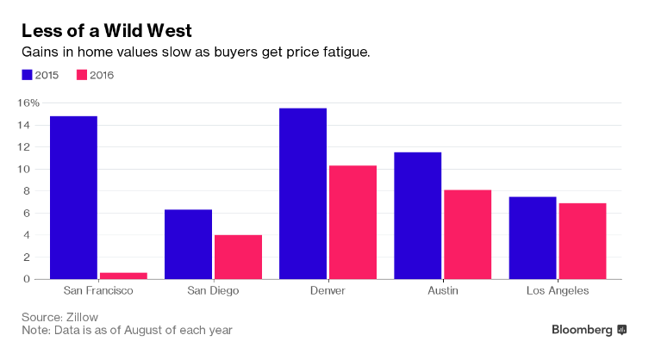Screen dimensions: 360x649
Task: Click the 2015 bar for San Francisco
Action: click(73, 197)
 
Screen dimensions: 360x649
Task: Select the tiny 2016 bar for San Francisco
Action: click(123, 276)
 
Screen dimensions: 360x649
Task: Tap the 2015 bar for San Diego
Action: click(188, 244)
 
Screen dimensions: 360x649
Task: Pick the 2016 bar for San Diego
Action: click(238, 257)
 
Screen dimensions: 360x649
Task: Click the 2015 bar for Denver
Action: click(303, 193)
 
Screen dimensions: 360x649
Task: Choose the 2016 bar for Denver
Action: click(353, 222)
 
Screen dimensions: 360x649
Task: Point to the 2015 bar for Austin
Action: click(417, 215)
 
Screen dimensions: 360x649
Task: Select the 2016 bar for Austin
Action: click(467, 234)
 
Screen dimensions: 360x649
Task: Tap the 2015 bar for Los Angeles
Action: click(532, 238)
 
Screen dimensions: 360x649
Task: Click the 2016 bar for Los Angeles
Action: click(582, 241)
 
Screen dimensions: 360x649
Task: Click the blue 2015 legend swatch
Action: click(27, 75)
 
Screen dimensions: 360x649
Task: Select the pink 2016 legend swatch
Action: click(83, 75)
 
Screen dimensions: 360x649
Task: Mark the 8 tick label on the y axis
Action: click(35, 191)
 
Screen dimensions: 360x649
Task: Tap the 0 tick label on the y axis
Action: click(35, 279)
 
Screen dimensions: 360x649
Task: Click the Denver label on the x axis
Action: click(327, 291)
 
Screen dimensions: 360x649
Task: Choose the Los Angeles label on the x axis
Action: click(557, 291)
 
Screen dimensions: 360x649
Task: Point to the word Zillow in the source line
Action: click(84, 316)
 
